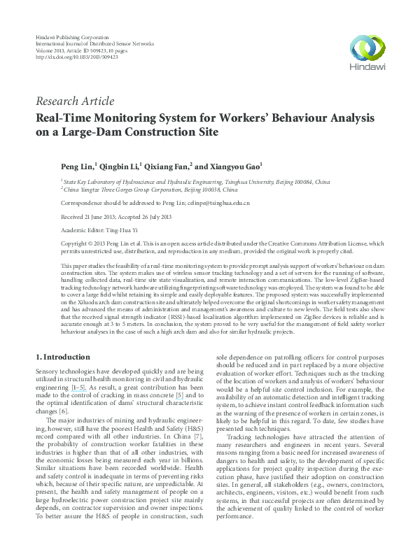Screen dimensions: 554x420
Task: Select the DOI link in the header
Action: tap(76, 57)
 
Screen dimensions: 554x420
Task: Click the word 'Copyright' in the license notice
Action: tap(75, 243)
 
